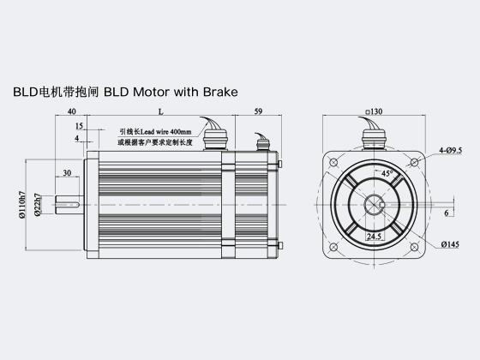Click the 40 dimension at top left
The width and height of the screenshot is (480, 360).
[x=71, y=111]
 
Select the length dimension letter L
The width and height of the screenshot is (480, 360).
[x=161, y=111]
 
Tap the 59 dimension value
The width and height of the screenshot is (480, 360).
[x=258, y=111]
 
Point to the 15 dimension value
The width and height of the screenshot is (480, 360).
[x=79, y=126]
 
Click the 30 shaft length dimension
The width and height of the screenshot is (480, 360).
[x=67, y=173]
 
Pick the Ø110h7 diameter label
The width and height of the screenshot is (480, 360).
[x=21, y=205]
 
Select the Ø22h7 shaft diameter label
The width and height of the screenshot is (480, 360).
[x=38, y=205]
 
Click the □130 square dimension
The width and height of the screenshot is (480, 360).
[x=374, y=111]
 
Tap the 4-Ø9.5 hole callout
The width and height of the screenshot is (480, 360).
[x=450, y=150]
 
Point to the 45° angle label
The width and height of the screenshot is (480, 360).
[x=387, y=173]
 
